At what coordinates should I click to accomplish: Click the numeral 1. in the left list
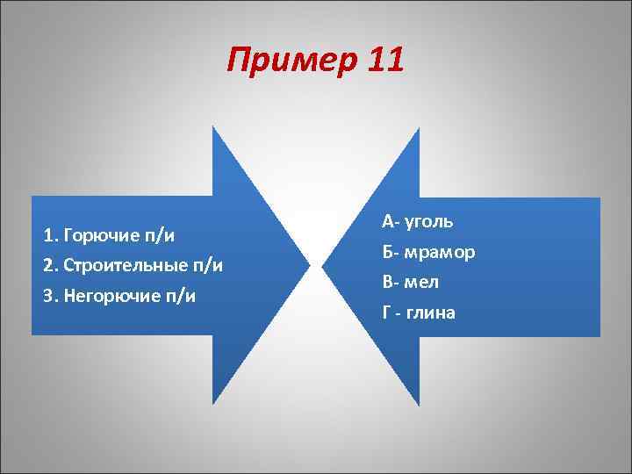point(49,235)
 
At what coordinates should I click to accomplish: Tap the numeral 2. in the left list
point(50,265)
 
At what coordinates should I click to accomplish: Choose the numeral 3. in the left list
point(50,296)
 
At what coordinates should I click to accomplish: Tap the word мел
point(423,283)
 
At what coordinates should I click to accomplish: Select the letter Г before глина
point(386,312)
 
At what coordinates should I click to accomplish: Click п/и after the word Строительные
point(207,265)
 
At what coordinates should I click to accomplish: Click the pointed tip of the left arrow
point(310,264)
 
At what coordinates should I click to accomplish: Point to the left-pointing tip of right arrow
point(323,264)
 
